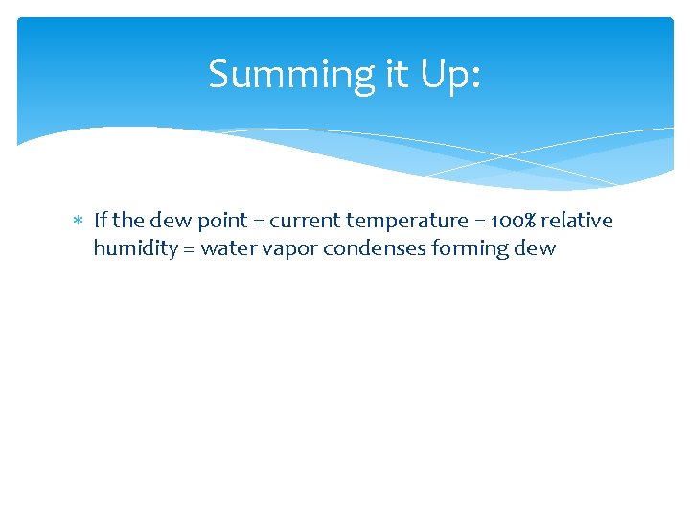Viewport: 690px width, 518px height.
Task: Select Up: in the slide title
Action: pos(448,76)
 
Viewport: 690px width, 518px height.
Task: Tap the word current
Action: pos(305,221)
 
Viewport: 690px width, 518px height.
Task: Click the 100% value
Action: pos(510,221)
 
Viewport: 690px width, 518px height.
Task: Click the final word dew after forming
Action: pos(536,249)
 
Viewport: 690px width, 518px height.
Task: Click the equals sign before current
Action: pos(259,222)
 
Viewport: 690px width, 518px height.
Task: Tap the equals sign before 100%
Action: pos(479,222)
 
